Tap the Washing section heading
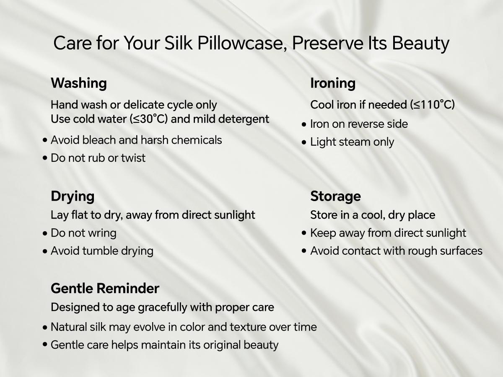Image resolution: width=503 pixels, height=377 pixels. click(x=79, y=83)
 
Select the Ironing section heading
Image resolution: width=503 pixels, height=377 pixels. click(x=333, y=83)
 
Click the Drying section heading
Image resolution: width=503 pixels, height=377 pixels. click(x=73, y=196)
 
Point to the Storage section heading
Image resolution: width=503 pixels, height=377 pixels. click(x=335, y=196)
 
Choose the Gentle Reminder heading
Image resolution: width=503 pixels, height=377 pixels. click(x=105, y=288)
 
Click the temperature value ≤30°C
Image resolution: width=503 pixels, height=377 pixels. click(x=149, y=119)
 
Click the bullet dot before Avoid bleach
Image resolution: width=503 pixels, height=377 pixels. click(x=45, y=140)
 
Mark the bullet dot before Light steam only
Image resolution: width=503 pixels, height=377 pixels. click(x=304, y=142)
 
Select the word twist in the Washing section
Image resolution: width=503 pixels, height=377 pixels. click(x=133, y=158)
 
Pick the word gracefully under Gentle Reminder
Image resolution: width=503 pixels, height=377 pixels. click(x=163, y=307)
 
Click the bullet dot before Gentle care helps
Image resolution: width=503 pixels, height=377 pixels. click(x=45, y=344)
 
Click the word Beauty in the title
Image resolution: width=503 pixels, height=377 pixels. click(x=420, y=44)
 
